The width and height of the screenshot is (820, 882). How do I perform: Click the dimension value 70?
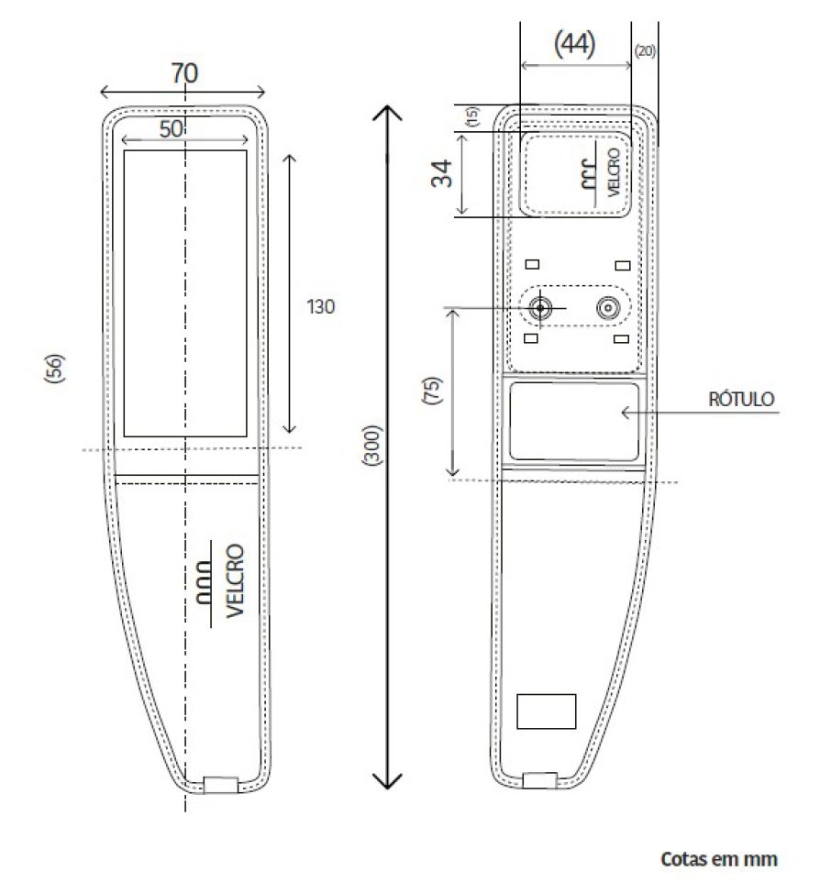[x=184, y=73]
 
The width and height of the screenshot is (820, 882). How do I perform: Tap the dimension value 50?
[x=172, y=129]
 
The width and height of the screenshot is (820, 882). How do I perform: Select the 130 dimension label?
[x=320, y=307]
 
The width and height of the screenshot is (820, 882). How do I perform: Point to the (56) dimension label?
[x=55, y=368]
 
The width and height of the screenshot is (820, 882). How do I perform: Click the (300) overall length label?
[x=372, y=445]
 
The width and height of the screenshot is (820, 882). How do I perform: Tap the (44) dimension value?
[x=574, y=43]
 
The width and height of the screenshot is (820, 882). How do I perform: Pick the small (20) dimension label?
[x=645, y=51]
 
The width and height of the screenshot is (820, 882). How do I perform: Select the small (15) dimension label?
[x=472, y=116]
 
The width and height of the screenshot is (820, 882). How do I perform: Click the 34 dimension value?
[x=442, y=173]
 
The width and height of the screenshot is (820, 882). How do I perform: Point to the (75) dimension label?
[x=432, y=390]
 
